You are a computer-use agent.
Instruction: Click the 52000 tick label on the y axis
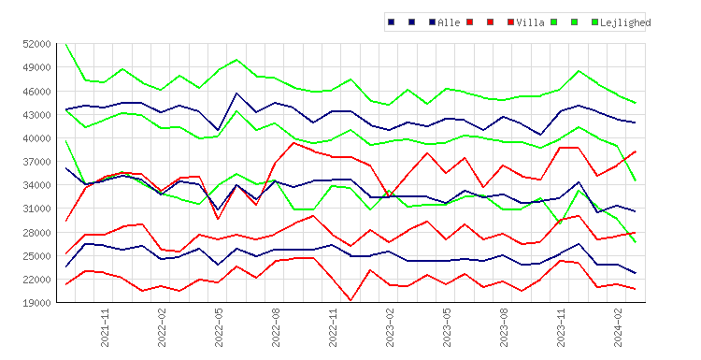36,44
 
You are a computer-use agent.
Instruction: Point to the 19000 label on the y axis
36,303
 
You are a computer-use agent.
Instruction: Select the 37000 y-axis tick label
36,162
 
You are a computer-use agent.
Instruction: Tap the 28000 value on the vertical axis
36,233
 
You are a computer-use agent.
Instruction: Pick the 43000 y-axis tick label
36,115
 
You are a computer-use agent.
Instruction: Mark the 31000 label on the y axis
36,209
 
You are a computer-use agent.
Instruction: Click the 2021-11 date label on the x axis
105,327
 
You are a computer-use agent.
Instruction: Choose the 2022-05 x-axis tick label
219,327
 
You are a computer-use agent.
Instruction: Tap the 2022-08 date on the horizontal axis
277,327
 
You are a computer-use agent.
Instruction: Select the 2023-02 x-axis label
391,327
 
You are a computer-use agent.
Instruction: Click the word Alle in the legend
449,22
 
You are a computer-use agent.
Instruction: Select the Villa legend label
530,22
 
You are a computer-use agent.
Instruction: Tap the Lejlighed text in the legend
625,22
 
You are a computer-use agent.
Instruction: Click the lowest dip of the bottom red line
350,300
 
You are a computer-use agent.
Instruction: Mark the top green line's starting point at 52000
66,44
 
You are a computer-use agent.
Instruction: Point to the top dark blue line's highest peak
236,93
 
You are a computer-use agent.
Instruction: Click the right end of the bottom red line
636,289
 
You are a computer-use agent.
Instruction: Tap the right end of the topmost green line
636,103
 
